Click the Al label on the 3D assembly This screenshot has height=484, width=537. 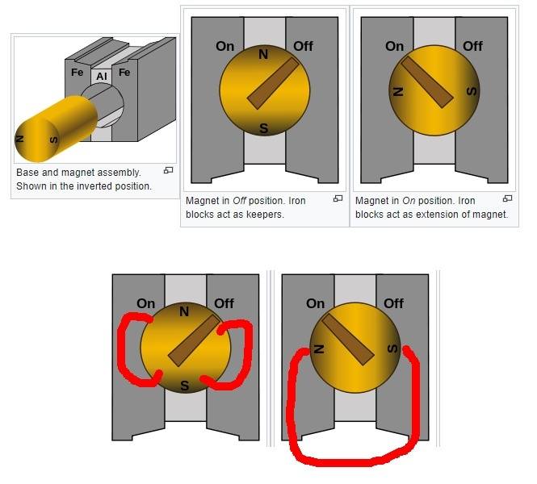pos(102,76)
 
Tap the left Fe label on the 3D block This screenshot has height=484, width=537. pos(77,73)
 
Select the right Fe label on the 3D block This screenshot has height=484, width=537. pos(124,73)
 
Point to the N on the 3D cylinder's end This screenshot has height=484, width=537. pos(20,139)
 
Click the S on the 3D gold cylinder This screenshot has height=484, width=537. pos(54,140)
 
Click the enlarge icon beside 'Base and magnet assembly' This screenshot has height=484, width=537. pos(168,170)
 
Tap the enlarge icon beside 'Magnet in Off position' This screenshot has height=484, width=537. pos(338,198)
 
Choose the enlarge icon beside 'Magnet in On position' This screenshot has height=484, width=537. pos(508,198)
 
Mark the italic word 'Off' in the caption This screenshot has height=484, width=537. pos(239,200)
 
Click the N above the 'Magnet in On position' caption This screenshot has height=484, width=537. pos(397,92)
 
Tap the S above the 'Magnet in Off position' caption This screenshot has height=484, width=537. pos(263,128)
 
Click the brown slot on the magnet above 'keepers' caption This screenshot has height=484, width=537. pos(273,83)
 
